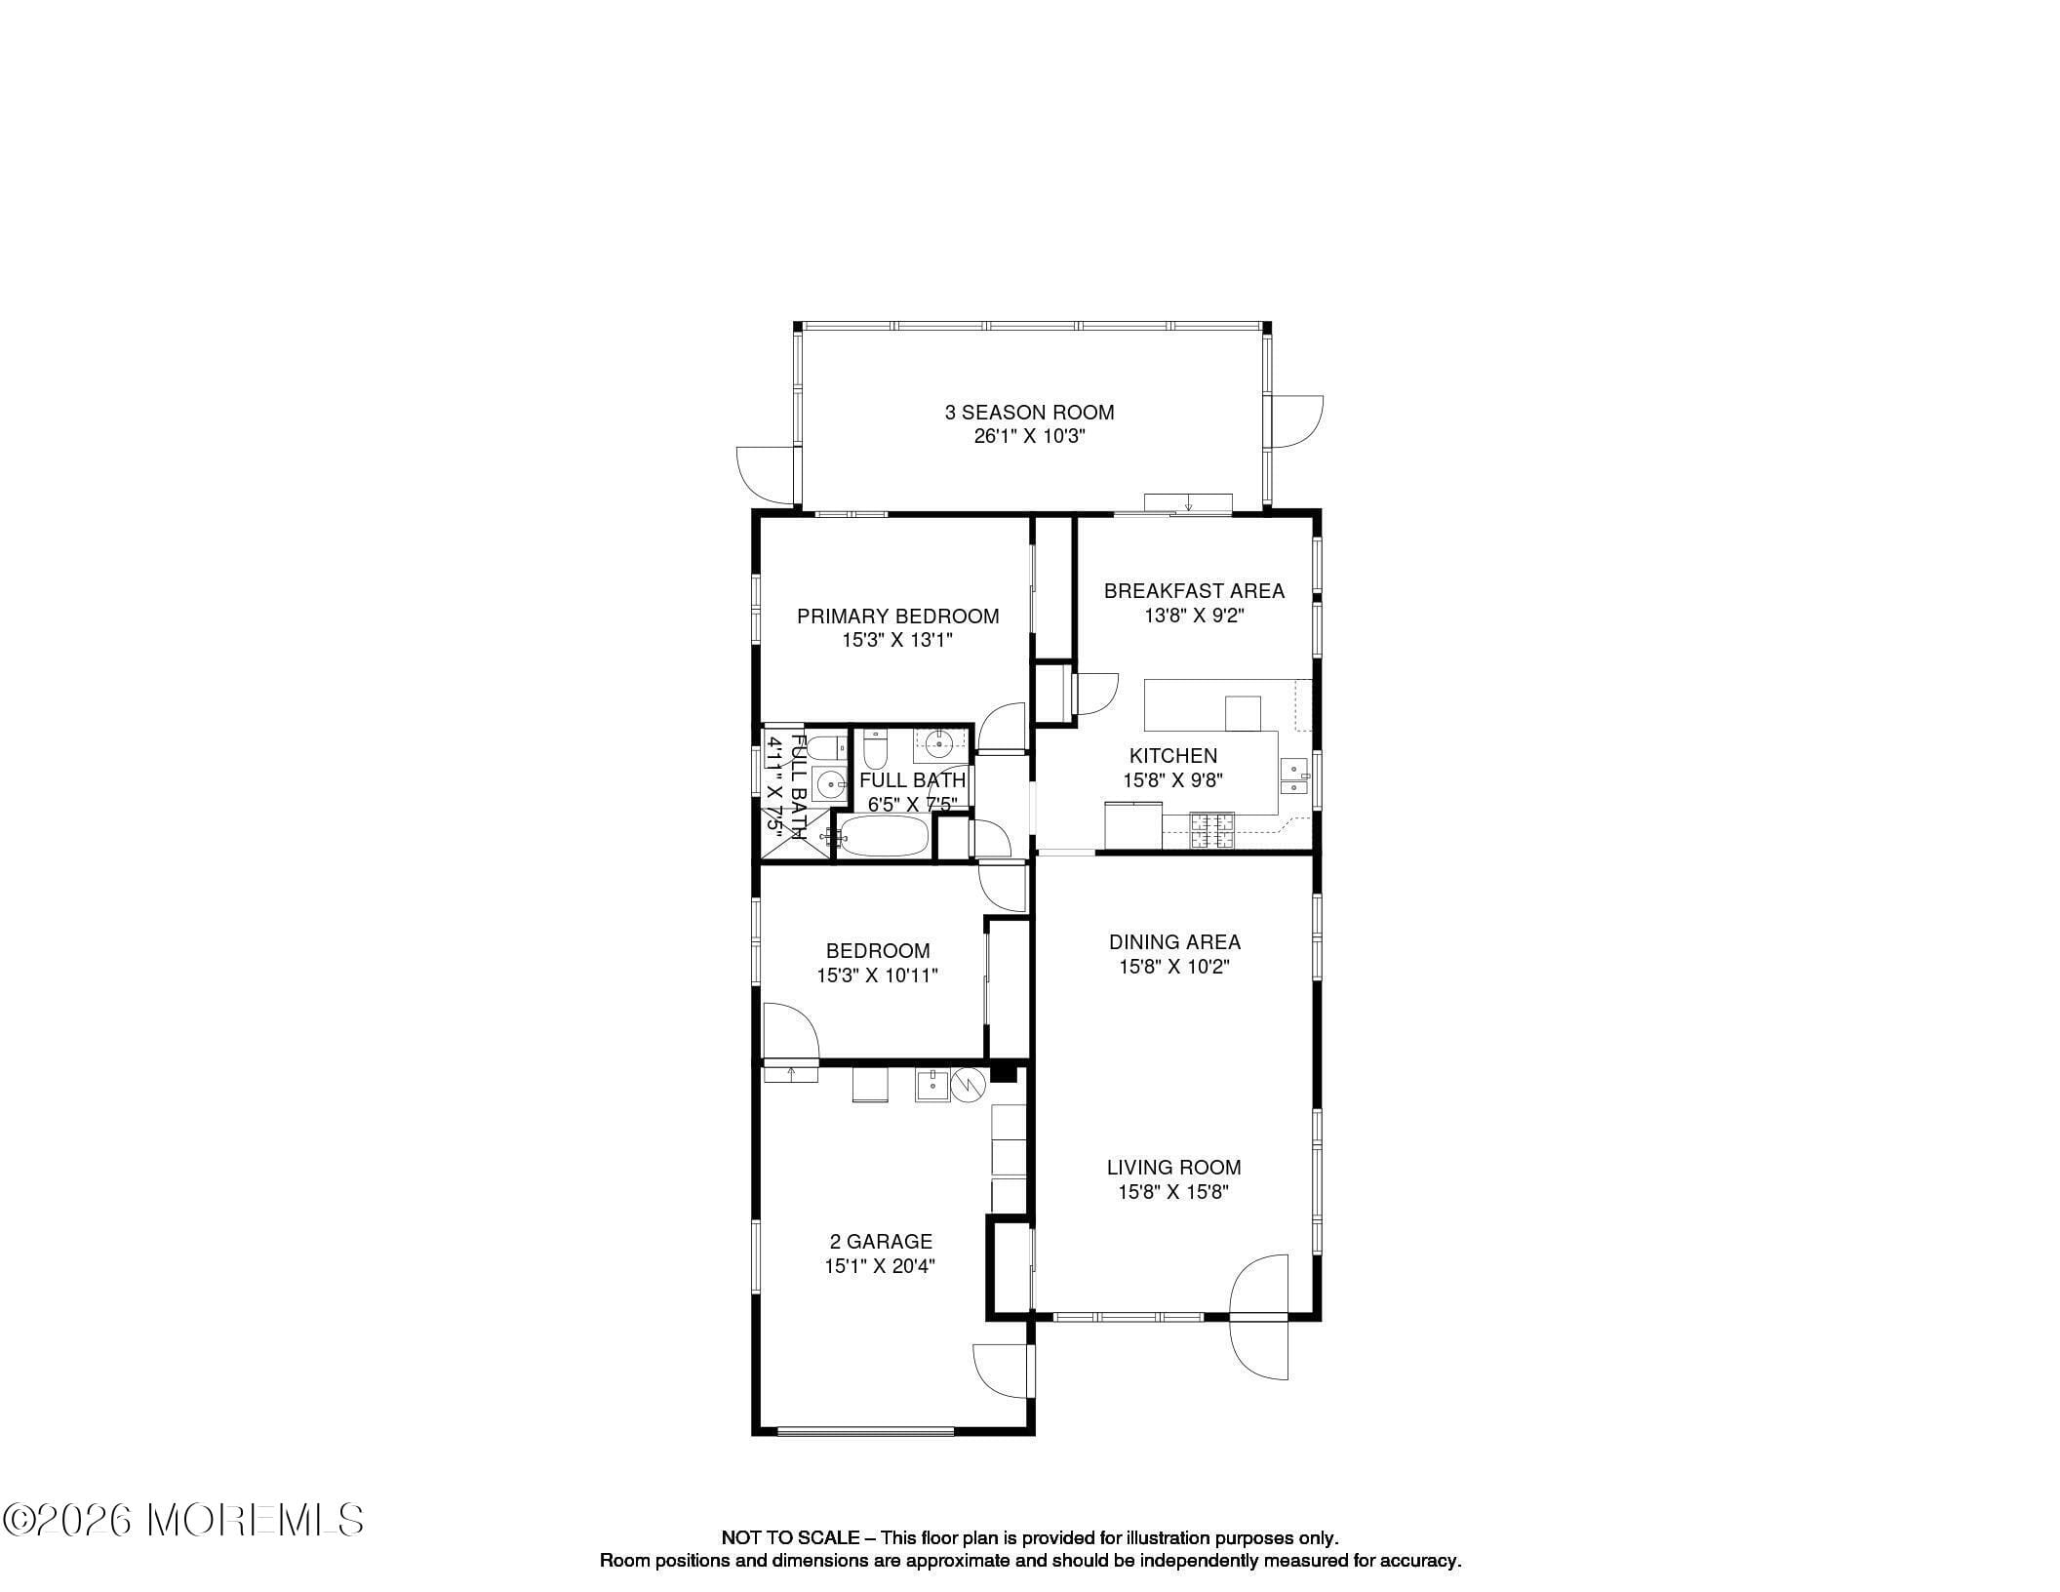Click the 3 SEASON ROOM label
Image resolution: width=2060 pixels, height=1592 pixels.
[x=1029, y=413]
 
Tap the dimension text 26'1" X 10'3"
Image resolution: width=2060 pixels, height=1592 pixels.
[x=1029, y=437]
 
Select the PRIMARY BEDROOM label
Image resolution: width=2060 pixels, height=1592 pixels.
[x=897, y=617]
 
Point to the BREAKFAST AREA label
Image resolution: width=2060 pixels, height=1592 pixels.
[x=1194, y=591]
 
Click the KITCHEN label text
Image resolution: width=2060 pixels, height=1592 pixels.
[x=1173, y=756]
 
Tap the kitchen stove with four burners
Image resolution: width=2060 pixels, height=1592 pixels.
[x=1212, y=830]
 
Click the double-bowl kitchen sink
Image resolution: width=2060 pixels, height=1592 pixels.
[x=1293, y=776]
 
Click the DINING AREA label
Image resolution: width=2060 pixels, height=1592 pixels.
[x=1174, y=942]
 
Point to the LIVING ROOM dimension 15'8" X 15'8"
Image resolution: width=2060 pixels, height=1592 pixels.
[x=1173, y=1192]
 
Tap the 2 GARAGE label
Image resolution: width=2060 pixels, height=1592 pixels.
[x=881, y=1242]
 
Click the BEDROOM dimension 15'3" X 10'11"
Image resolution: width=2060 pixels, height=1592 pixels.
[x=877, y=975]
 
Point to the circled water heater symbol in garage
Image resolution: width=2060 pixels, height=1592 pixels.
[x=970, y=1085]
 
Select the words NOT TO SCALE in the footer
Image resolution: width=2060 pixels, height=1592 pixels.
[x=790, y=1538]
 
